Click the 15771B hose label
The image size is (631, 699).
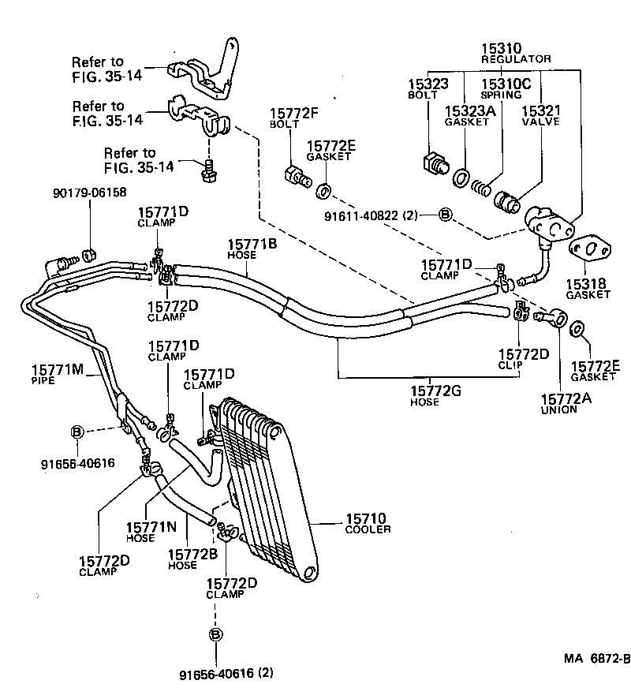click(252, 245)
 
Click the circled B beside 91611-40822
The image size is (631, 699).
click(445, 214)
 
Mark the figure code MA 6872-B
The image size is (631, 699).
click(596, 659)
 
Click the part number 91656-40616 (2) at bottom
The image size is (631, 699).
click(226, 673)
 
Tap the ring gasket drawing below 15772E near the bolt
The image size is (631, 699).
click(323, 190)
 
